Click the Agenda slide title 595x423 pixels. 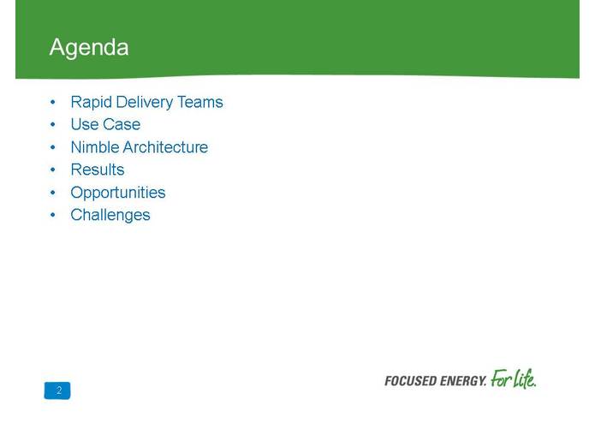(x=89, y=47)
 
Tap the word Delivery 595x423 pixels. (x=144, y=103)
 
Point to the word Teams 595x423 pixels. (x=200, y=103)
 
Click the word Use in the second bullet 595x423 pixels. (x=84, y=125)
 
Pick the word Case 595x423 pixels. (x=122, y=125)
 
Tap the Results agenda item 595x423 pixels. (x=98, y=170)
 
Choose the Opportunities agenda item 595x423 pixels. (x=118, y=193)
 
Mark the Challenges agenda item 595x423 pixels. (x=110, y=215)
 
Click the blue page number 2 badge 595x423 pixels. (x=58, y=390)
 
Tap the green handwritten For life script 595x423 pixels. (x=515, y=378)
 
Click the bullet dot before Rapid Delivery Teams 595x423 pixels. (x=53, y=103)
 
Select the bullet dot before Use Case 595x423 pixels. (x=53, y=125)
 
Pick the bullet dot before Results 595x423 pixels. (x=53, y=170)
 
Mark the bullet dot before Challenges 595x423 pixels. (x=53, y=216)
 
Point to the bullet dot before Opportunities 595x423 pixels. (x=53, y=193)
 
